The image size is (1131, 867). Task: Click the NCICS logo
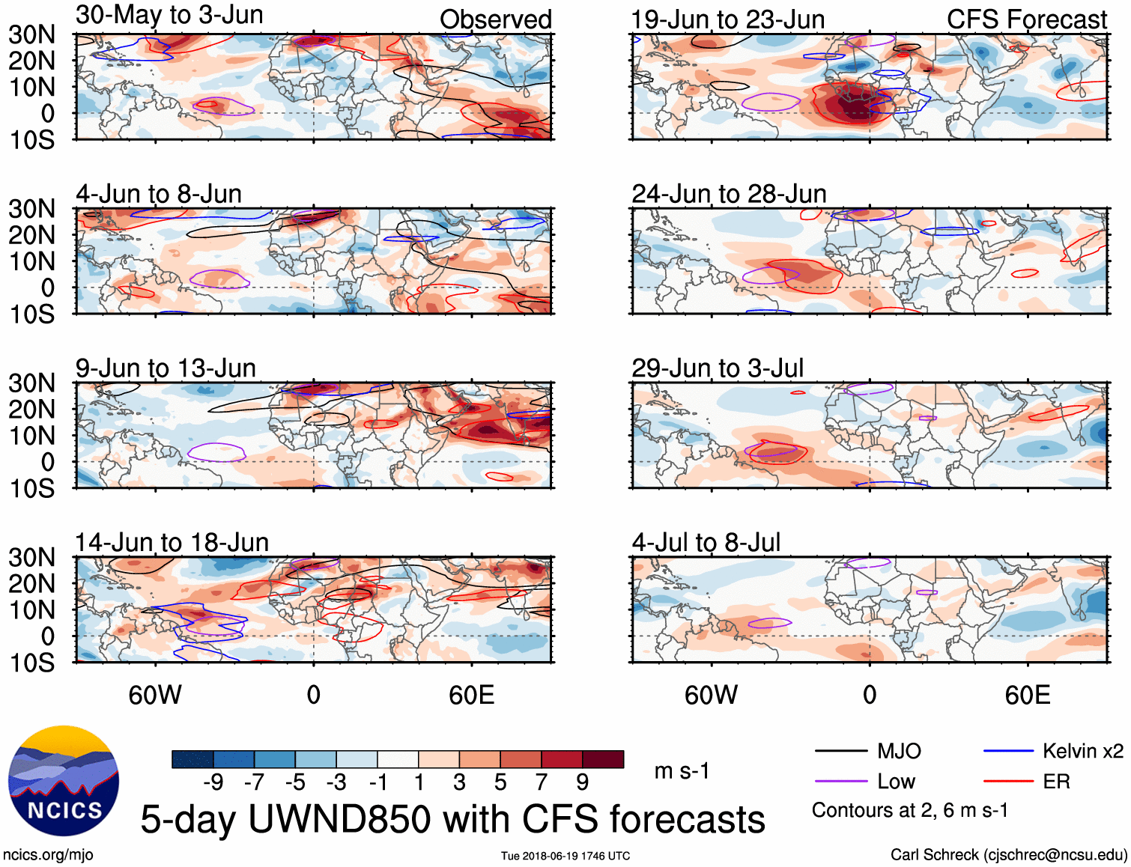(x=64, y=781)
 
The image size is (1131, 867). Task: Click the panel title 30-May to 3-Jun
(x=169, y=15)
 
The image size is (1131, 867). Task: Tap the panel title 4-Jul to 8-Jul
(x=706, y=542)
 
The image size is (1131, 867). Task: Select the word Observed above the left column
(x=495, y=19)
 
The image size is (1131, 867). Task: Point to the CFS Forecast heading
(x=1026, y=19)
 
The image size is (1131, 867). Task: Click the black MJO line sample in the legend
(x=840, y=751)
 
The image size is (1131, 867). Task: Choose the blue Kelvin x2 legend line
(x=1008, y=751)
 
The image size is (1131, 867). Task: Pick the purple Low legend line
(x=840, y=782)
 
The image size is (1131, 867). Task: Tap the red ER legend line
(x=1008, y=782)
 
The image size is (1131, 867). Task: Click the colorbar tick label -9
(x=213, y=782)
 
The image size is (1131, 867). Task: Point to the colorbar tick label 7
(x=542, y=782)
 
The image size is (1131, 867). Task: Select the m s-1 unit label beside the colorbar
(x=682, y=771)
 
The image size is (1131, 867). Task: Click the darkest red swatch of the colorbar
(x=603, y=759)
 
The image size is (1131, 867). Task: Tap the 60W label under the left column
(x=155, y=695)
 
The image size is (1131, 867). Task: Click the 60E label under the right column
(x=1027, y=695)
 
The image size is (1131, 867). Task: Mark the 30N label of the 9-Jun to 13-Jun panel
(x=31, y=383)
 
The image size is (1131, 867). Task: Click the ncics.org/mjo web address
(x=48, y=855)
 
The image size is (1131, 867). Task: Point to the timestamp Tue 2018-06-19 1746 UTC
(x=565, y=856)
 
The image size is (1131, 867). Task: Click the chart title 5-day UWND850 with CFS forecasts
(x=452, y=819)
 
